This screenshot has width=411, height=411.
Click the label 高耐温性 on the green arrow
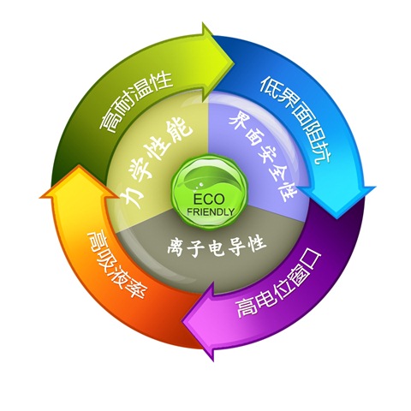[135, 101]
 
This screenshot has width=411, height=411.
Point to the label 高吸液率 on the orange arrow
[118, 263]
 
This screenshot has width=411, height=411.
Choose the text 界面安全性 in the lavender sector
[263, 156]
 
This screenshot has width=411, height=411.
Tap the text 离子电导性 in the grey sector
[217, 246]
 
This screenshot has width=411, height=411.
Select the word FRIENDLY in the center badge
[211, 211]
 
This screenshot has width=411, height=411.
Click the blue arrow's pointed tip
[337, 218]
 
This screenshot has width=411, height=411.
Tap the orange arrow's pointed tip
[78, 165]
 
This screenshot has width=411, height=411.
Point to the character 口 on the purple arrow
[311, 259]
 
